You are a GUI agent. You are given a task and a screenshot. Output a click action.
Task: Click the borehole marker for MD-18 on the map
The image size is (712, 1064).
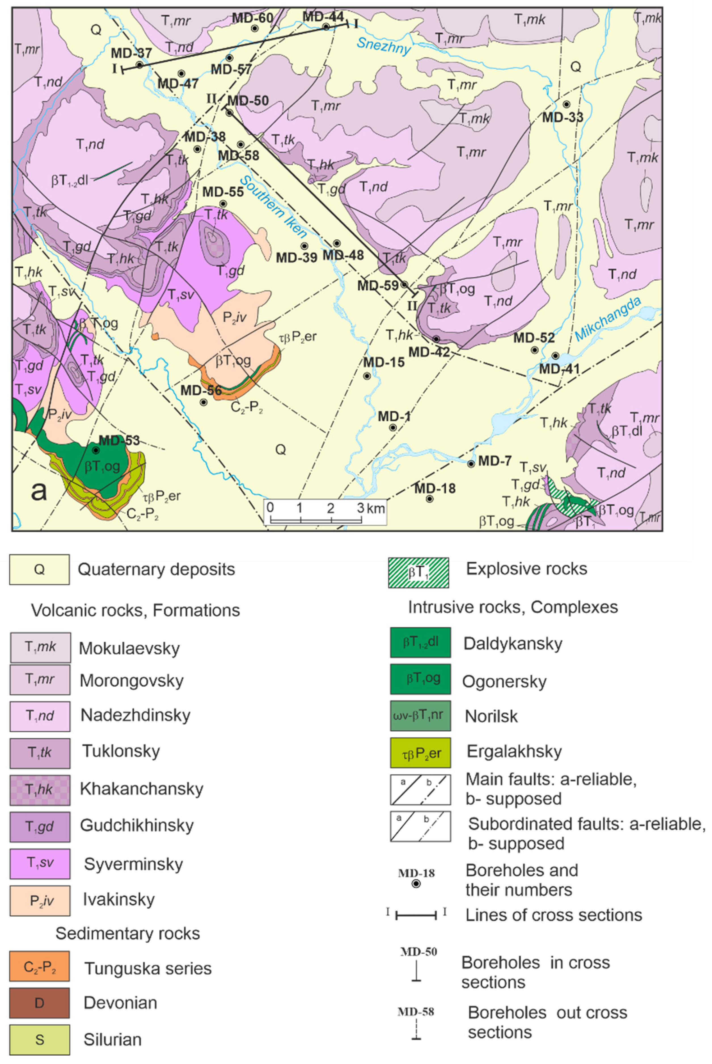coord(429,499)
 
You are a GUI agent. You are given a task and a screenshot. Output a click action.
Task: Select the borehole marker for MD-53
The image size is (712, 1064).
coord(96,450)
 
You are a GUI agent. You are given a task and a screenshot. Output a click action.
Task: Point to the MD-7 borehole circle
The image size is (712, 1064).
coord(471,463)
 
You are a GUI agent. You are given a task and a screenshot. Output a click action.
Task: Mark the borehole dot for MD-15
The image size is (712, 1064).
coord(367,376)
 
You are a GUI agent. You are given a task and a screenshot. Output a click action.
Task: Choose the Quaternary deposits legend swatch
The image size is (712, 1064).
coord(39,570)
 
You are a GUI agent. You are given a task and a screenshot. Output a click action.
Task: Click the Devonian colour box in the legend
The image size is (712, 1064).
coord(39,1003)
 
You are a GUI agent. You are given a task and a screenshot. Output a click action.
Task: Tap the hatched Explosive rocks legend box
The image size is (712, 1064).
coord(418,573)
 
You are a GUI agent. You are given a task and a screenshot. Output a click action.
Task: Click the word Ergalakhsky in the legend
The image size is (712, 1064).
coord(514,752)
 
